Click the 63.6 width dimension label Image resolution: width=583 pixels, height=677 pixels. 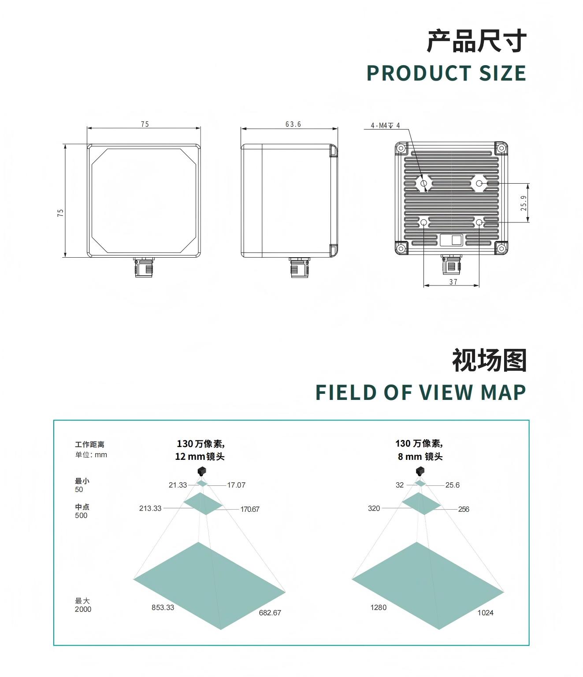tap(293, 124)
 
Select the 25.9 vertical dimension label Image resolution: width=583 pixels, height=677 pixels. tap(524, 203)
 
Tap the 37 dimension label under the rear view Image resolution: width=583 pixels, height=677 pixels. tap(453, 281)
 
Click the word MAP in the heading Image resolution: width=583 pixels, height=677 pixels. tap(503, 392)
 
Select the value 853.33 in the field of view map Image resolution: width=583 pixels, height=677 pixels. tap(163, 607)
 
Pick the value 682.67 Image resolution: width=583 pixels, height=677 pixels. tap(270, 613)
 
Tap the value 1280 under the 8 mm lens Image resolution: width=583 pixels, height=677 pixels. tap(379, 607)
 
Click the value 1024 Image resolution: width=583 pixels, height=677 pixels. tap(485, 613)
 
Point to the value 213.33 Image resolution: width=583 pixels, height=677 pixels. tap(150, 508)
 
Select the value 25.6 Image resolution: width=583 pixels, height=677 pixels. tap(453, 485)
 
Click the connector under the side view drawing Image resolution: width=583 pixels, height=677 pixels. tap(299, 267)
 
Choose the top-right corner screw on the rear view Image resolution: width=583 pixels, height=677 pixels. tap(501, 148)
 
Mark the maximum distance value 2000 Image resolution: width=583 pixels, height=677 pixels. tap(83, 609)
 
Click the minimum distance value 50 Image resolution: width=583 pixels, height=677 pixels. tap(79, 489)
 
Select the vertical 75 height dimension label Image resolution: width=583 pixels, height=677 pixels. tap(61, 213)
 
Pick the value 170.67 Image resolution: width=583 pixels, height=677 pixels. tap(250, 509)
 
